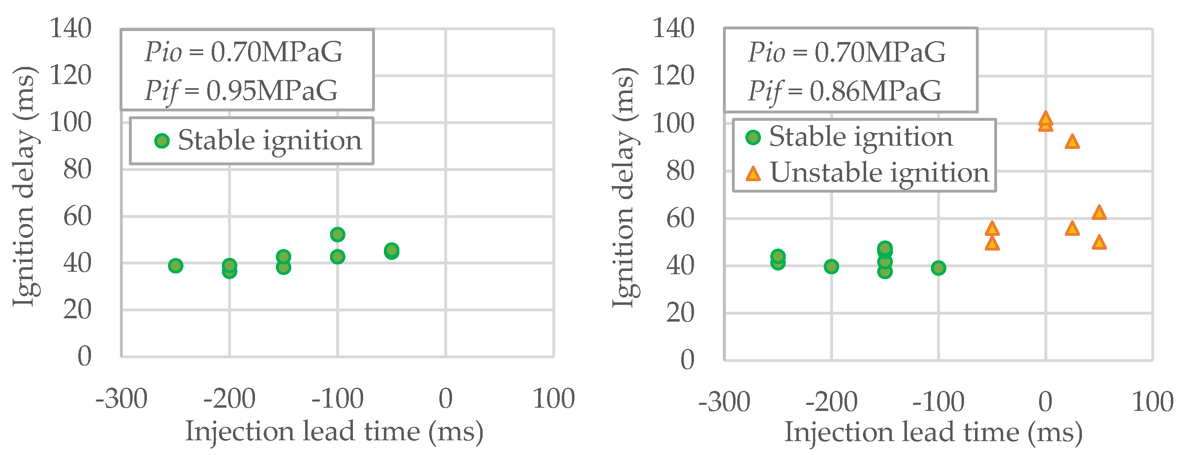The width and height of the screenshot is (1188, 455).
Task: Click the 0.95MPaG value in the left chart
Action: pyautogui.click(x=272, y=91)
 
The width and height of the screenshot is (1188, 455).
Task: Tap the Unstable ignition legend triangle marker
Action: pyautogui.click(x=753, y=174)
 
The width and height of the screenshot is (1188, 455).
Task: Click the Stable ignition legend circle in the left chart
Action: pyautogui.click(x=162, y=141)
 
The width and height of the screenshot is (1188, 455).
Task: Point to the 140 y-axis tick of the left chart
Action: pyautogui.click(x=71, y=29)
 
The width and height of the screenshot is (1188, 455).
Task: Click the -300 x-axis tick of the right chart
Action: pyautogui.click(x=724, y=402)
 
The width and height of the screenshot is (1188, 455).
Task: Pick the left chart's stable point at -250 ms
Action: pyautogui.click(x=175, y=265)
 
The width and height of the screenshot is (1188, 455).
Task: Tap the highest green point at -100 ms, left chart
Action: pyautogui.click(x=337, y=234)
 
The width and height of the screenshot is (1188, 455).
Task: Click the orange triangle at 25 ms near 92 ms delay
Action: pyautogui.click(x=1072, y=142)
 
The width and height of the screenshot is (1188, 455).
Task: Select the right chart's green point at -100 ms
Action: pyautogui.click(x=938, y=268)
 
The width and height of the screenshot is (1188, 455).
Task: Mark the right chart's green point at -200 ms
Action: pyautogui.click(x=831, y=266)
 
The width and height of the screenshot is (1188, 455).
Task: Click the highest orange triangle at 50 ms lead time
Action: pyautogui.click(x=1099, y=213)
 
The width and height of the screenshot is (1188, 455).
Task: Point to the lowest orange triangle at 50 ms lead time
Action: pyautogui.click(x=1099, y=242)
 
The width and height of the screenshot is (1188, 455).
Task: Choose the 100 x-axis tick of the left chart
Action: pyautogui.click(x=554, y=399)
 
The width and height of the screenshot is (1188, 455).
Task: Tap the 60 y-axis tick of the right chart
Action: pyautogui.click(x=680, y=218)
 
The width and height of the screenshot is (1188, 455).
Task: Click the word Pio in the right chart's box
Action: pyautogui.click(x=766, y=52)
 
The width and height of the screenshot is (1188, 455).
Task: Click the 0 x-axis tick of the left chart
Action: pyautogui.click(x=445, y=399)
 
